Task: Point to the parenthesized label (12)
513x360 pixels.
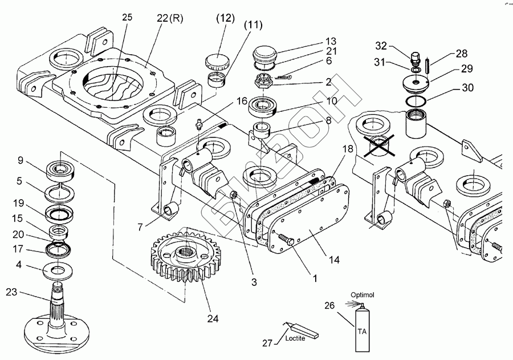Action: click(x=225, y=18)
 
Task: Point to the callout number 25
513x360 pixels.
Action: click(x=127, y=18)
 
